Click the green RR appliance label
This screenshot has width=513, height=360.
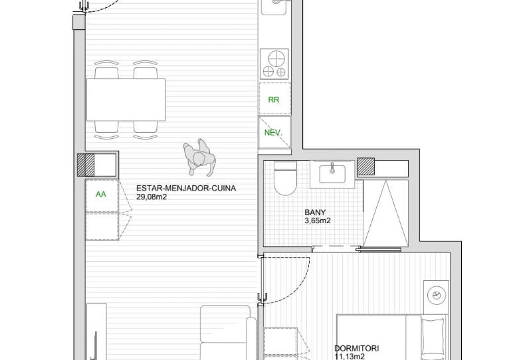[x=274, y=100]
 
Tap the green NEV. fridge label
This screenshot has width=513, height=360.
[x=273, y=133]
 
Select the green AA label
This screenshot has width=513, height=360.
[x=101, y=194]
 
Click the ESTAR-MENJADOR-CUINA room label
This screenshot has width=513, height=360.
[x=186, y=189]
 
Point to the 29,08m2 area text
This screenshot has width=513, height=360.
[x=152, y=197]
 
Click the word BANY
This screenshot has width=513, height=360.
[x=315, y=212]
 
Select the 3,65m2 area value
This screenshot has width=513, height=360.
[x=318, y=221]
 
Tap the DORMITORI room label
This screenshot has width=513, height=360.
[x=356, y=349]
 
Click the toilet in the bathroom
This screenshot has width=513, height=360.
[x=284, y=179]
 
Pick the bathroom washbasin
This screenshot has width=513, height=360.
[x=332, y=174]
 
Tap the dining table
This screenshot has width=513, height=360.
[x=126, y=100]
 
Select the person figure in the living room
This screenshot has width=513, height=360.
[x=199, y=157]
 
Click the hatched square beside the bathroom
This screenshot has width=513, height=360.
[x=365, y=167]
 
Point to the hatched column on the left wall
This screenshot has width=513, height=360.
[x=86, y=165]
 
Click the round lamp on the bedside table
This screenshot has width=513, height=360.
[x=437, y=296]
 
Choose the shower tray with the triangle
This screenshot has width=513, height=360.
[x=385, y=213]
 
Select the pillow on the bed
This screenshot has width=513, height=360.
[x=433, y=339]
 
